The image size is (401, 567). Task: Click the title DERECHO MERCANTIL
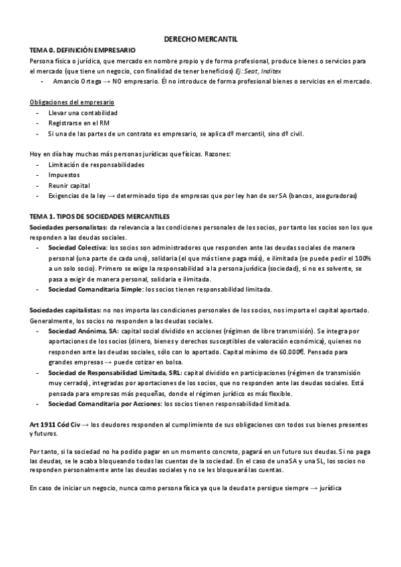point(200,39)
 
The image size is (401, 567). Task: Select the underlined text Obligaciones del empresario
point(72,102)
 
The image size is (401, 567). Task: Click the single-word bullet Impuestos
point(63,175)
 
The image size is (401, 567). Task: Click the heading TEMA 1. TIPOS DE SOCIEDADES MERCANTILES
point(100,216)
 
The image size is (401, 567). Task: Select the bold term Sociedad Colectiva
point(79,247)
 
